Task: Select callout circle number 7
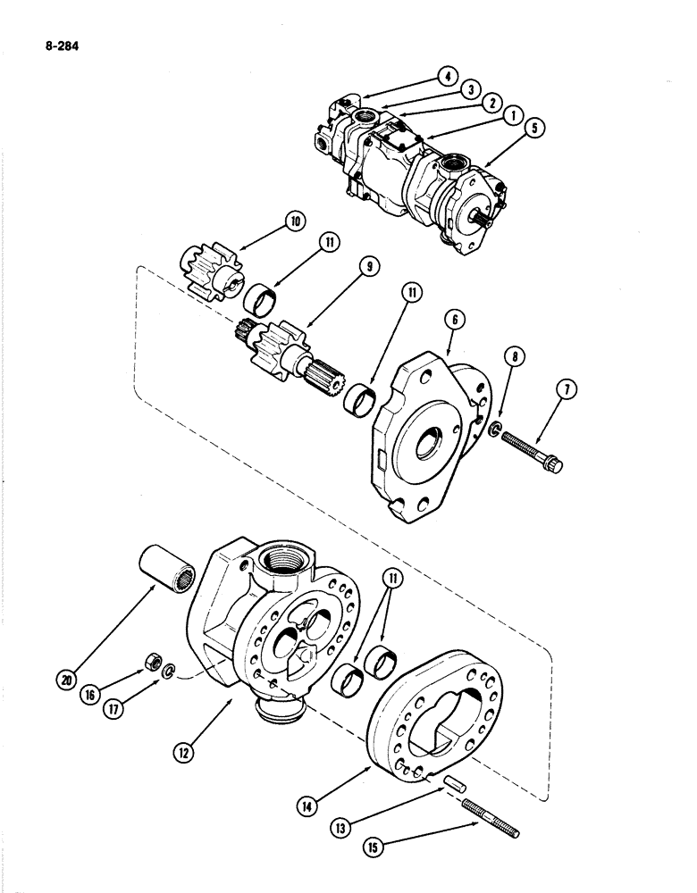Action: tap(568, 388)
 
